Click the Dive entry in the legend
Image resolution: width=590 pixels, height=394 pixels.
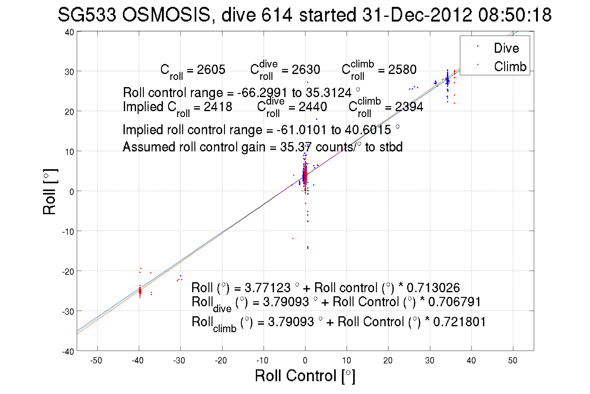coord(506,48)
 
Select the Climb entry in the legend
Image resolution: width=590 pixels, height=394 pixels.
coord(510,66)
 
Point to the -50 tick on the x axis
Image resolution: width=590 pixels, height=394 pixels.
coord(96,361)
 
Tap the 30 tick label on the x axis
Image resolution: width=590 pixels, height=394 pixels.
coord(429,361)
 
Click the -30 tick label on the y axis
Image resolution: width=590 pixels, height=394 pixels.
coord(68,312)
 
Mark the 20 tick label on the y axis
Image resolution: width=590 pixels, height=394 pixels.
coord(69,112)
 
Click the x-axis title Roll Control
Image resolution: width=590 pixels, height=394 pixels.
coord(305,376)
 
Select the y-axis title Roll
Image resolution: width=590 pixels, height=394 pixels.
coord(49,192)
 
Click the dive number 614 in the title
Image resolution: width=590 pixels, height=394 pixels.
coord(276,15)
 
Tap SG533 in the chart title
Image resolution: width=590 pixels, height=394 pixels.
coord(87,15)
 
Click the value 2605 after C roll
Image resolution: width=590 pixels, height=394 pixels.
coord(211,69)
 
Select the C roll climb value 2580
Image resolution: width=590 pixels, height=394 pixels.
coord(402,69)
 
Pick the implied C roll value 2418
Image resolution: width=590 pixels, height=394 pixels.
coord(218,107)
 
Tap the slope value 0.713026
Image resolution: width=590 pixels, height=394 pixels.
coord(433,288)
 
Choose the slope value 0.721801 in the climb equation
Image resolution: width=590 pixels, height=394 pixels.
coord(459,322)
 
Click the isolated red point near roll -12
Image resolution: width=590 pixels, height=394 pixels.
coord(293,239)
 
